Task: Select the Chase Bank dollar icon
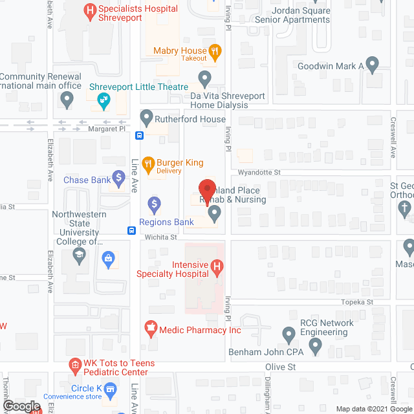tap(118, 177)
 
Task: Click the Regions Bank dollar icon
tap(154, 206)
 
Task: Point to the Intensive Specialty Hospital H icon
tap(218, 266)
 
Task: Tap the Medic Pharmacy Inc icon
tap(151, 329)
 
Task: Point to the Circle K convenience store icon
tap(111, 389)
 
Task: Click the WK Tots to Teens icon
tap(75, 365)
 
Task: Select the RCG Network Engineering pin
tap(289, 334)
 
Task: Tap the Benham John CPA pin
tap(315, 348)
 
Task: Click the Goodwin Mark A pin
tap(372, 64)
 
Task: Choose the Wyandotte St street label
tap(258, 173)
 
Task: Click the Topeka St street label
tap(358, 302)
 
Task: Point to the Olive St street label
tap(280, 366)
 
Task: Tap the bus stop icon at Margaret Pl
tap(139, 136)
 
